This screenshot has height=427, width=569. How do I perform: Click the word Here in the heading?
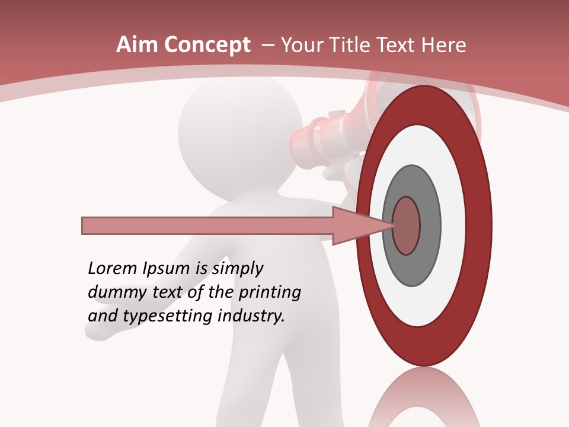pyautogui.click(x=444, y=45)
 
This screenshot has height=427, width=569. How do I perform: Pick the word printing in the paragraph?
pyautogui.click(x=269, y=293)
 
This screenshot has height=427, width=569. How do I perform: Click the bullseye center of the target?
pyautogui.click(x=407, y=226)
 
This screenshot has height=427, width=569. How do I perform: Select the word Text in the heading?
pyautogui.click(x=400, y=45)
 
